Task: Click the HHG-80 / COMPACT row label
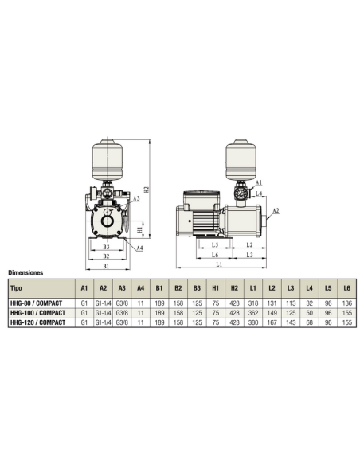point(37,303)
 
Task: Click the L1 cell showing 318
point(252,303)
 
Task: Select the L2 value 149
point(272,313)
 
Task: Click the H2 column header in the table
point(234,288)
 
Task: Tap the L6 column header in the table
point(345,288)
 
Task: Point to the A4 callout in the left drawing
point(140,248)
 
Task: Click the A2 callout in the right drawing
point(276,212)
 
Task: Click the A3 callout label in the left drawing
point(137,197)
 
